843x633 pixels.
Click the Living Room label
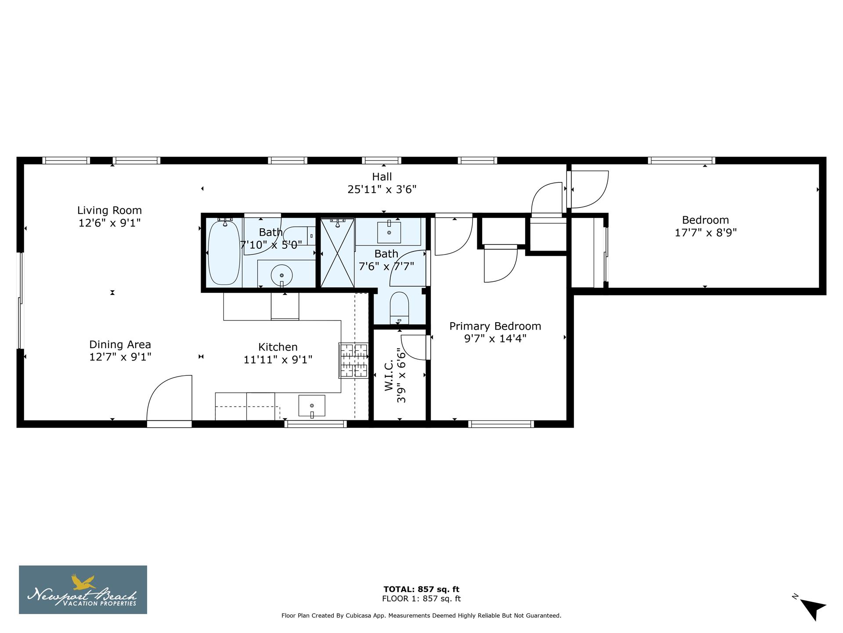109,211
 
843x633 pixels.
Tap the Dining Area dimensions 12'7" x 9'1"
120,357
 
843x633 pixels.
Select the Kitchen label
277,347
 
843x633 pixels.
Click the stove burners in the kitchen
353,360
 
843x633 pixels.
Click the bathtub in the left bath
224,253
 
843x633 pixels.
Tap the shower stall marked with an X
337,253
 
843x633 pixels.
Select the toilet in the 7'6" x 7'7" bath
399,307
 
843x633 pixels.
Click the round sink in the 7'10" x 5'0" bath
281,276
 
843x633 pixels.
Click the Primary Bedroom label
495,326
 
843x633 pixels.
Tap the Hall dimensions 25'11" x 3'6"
382,189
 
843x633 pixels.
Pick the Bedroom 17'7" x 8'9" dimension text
705,233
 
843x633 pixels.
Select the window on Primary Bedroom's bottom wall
501,424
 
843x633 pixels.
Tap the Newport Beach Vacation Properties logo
83,589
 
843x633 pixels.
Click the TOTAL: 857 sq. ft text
421,589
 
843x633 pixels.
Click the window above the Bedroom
681,160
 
